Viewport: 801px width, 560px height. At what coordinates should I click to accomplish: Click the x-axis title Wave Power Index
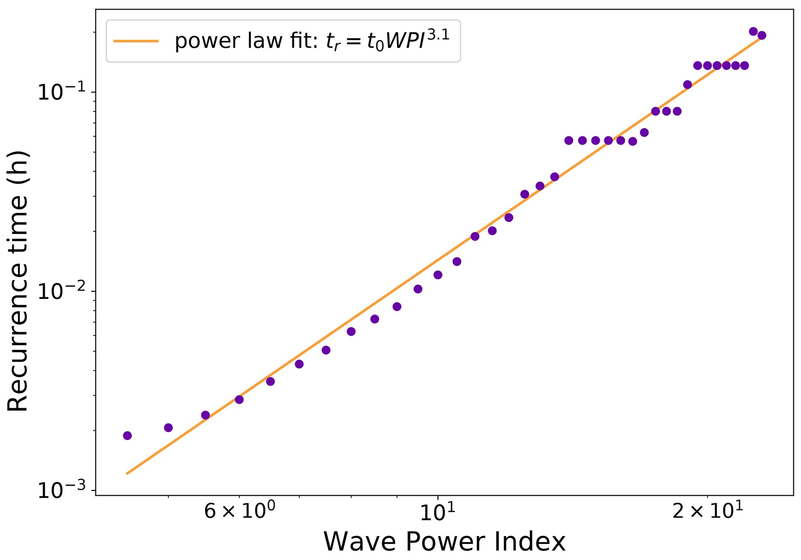point(444,542)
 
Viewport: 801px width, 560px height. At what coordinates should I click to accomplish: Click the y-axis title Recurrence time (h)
point(18,281)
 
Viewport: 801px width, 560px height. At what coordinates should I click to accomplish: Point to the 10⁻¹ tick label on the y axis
point(62,92)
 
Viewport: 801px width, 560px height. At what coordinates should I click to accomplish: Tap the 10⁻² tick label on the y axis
point(62,291)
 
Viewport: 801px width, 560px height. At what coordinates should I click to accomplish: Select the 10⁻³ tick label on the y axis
point(62,491)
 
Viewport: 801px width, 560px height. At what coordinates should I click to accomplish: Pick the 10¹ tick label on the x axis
point(438,512)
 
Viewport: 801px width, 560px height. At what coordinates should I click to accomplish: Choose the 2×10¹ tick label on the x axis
point(707,512)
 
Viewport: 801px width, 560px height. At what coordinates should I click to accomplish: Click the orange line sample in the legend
point(136,41)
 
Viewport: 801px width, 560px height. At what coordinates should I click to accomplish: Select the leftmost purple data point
point(127,435)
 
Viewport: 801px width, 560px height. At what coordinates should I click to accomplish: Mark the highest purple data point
point(753,31)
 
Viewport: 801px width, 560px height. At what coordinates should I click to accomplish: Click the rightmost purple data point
point(761,35)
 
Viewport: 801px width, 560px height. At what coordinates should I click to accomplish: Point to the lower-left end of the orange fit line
point(127,473)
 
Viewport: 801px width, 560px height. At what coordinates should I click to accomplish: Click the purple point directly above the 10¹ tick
point(438,275)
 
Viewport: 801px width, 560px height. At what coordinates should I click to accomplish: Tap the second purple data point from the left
point(168,428)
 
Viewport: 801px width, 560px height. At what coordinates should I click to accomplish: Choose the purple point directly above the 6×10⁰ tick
point(239,399)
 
